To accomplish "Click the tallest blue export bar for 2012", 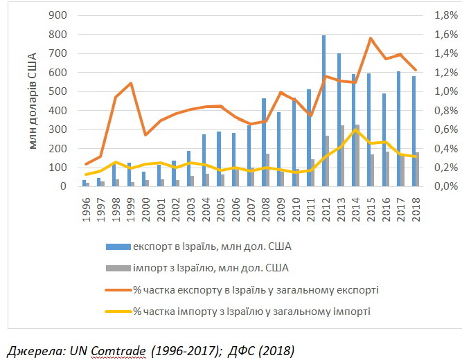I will click(x=323, y=111).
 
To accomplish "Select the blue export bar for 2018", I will click(x=414, y=131).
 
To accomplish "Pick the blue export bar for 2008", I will click(x=264, y=142).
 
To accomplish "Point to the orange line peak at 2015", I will click(x=371, y=38).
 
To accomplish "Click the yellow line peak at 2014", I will click(x=355, y=129).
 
